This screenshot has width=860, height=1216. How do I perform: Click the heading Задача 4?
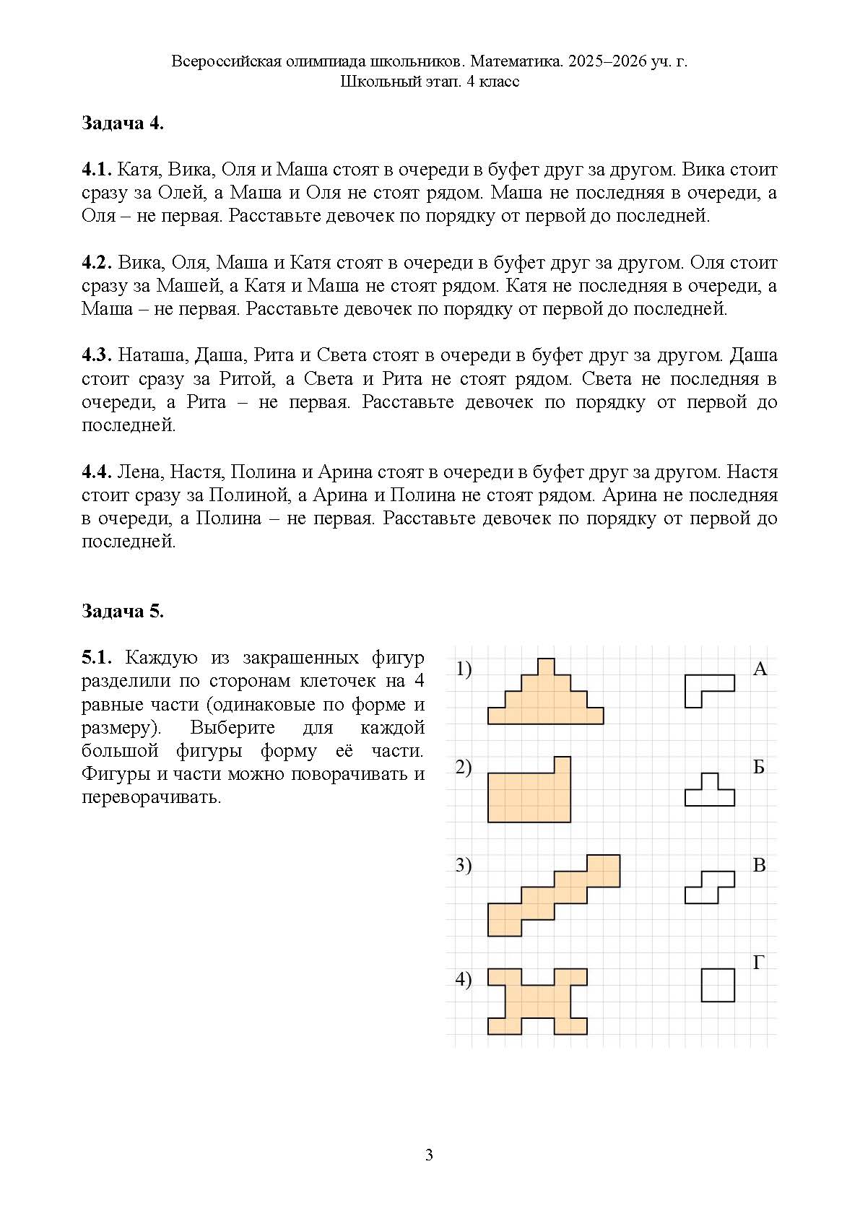[122, 123]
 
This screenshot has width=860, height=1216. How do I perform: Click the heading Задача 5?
[122, 612]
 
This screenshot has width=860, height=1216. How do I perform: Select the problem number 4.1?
[95, 170]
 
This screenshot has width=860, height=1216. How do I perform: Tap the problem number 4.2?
[96, 263]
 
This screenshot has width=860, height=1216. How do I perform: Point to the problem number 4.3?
[96, 356]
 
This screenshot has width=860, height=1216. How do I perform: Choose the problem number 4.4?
[96, 472]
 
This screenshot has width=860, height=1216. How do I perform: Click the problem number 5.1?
[96, 658]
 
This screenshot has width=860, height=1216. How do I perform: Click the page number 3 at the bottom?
[429, 1155]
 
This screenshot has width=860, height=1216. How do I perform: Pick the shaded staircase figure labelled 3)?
[553, 895]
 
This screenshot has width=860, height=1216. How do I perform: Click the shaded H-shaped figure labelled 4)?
[537, 1001]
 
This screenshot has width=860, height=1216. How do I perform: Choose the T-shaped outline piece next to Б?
[710, 793]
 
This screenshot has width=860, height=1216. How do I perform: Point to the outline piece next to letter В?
[709, 887]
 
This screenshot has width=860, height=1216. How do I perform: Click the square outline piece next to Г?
[718, 985]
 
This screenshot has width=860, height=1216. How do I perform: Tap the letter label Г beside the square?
[759, 962]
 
